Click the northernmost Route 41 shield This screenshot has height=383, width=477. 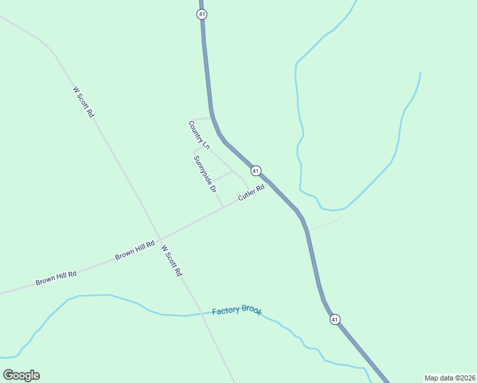pos(202,13)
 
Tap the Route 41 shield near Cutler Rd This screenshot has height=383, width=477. pos(256,170)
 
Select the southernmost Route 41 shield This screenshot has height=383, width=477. pos(334,319)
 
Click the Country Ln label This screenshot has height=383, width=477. pos(199,135)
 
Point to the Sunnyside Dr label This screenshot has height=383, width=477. pos(205,174)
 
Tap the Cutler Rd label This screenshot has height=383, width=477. pos(251,193)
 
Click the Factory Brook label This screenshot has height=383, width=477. pos(237,310)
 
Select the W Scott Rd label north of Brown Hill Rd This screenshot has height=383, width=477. pos(84,102)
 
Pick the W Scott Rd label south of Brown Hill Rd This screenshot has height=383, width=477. pos(172,260)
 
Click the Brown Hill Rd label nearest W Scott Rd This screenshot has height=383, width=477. pos(135,250)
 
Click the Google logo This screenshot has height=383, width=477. pos(21,375)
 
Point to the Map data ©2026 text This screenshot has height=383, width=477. pos(450,378)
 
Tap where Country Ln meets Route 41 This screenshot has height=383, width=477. pos(212,117)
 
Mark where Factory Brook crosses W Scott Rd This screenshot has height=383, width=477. pos(199,314)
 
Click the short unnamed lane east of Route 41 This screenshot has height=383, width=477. pos(325,223)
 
